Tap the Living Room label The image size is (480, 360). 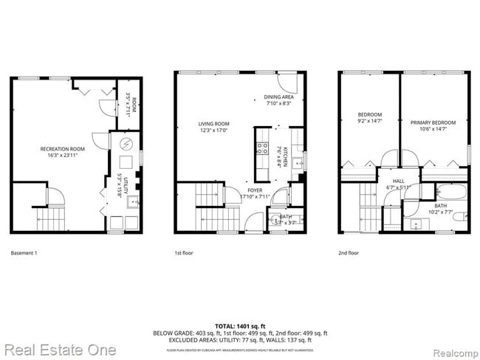(213, 124)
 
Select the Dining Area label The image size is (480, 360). (279, 97)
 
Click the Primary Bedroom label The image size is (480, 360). (433, 122)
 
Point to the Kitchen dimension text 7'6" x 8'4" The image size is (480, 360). (279, 158)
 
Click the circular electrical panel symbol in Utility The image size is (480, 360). (126, 143)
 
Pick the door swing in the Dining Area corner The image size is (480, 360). (287, 80)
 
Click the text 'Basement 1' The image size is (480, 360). (24, 253)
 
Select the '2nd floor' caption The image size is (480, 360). (349, 253)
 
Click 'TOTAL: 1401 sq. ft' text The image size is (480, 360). (240, 325)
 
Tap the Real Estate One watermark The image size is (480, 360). (59, 349)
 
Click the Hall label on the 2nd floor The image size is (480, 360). (398, 181)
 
